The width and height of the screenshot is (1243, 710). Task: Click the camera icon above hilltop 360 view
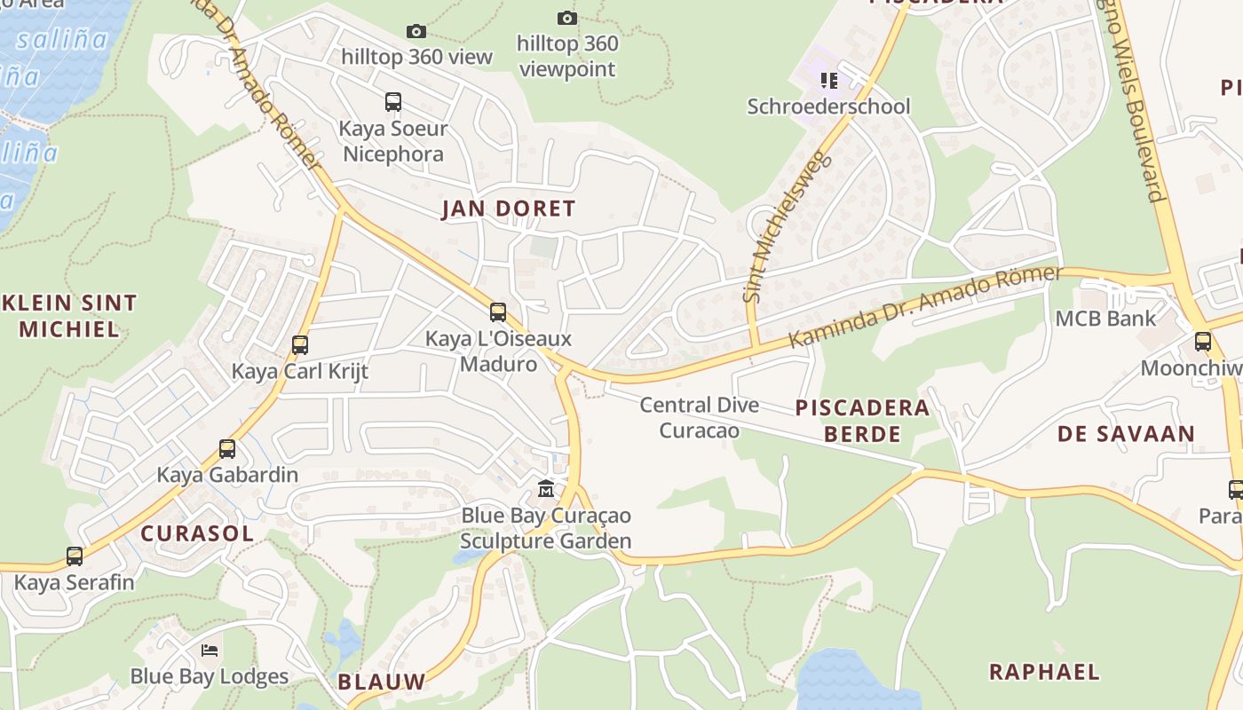tap(416, 32)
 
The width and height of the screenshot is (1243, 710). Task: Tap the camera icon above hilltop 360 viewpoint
tap(566, 18)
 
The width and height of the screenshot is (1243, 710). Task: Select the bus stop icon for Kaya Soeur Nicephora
tap(393, 102)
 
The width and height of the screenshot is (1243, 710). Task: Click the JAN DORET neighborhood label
tap(509, 209)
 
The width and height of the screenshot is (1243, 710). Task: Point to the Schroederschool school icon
tap(829, 82)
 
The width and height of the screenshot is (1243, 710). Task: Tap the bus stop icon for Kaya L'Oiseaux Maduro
tap(498, 312)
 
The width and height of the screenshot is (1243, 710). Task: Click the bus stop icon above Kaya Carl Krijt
tap(300, 345)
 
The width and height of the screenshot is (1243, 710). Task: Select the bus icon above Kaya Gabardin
tap(227, 449)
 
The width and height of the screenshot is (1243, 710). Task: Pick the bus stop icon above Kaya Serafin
tap(75, 556)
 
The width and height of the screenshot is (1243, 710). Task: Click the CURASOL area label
tap(197, 533)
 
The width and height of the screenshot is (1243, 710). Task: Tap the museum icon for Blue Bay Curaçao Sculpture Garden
tap(546, 489)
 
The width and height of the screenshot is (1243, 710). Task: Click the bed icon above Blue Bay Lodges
tap(210, 651)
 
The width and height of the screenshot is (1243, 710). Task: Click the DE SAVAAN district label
tap(1125, 434)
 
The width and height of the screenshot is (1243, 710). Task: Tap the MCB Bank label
tap(1105, 318)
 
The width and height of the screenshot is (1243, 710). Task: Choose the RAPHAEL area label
tap(1044, 672)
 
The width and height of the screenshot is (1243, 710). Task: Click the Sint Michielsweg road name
tap(786, 227)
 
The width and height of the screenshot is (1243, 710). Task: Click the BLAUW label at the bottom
tap(381, 682)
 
